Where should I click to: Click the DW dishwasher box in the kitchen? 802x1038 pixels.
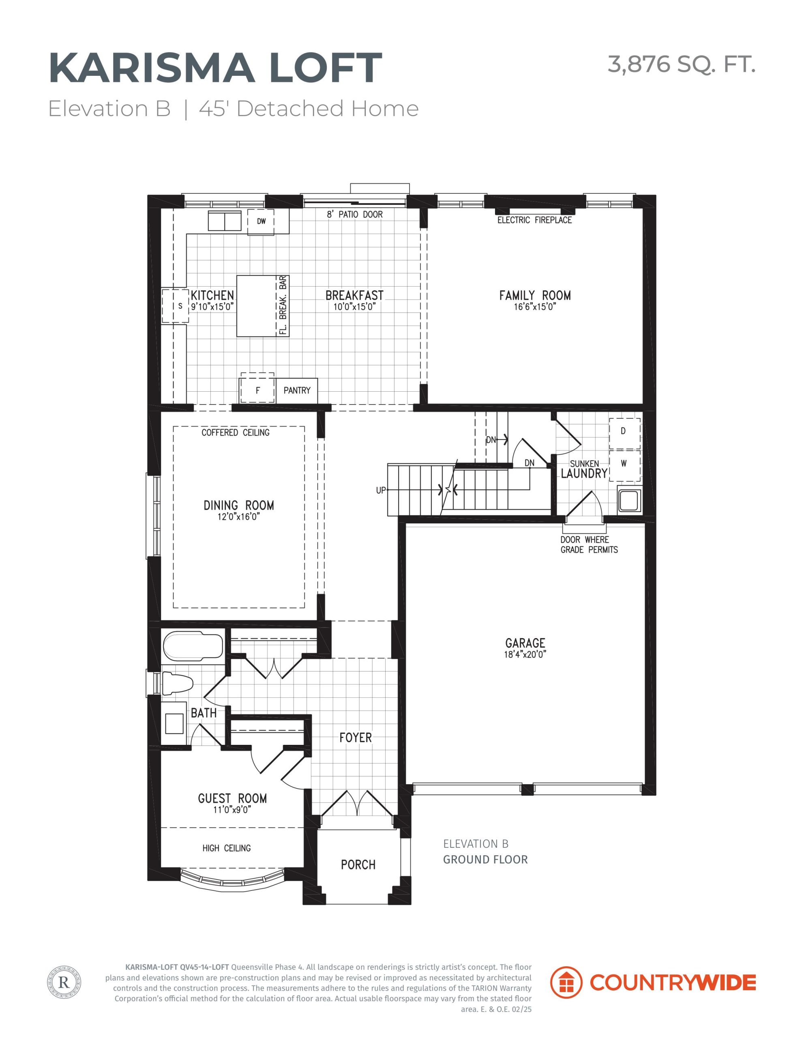click(x=261, y=221)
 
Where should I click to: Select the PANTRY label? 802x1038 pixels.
click(x=297, y=390)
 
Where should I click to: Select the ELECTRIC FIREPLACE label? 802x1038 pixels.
click(x=534, y=220)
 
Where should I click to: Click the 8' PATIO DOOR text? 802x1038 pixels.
click(x=355, y=214)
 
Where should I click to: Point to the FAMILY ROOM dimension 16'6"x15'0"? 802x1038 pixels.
click(x=535, y=307)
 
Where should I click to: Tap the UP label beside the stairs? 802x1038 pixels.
click(x=381, y=490)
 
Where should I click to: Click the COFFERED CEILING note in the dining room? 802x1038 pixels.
click(x=235, y=433)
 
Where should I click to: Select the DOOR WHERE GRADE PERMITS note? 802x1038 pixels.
click(x=589, y=545)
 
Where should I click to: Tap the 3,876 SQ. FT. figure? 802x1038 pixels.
click(x=681, y=64)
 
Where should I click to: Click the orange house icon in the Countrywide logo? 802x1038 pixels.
click(x=566, y=982)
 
